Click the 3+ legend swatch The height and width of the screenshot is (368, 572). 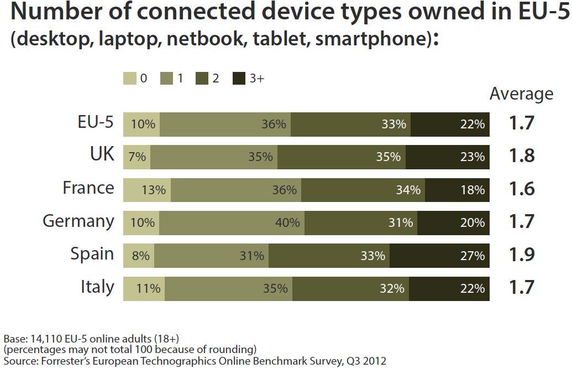[238, 79]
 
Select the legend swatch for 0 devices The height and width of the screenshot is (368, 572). [129, 79]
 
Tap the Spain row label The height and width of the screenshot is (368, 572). [92, 254]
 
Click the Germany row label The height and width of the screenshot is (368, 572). [78, 221]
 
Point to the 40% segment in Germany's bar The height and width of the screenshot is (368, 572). [232, 222]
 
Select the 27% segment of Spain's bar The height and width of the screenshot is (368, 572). [439, 256]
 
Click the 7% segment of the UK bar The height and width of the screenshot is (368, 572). [137, 157]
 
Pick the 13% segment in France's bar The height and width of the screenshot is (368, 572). [147, 190]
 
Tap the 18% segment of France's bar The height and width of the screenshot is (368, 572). [457, 190]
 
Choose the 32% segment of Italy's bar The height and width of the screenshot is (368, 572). [350, 288]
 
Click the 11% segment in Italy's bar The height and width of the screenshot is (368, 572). [144, 288]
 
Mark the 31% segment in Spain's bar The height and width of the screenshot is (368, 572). [211, 256]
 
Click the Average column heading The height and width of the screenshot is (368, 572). [521, 94]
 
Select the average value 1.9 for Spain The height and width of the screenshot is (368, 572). [521, 255]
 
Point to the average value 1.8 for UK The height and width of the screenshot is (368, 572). [521, 156]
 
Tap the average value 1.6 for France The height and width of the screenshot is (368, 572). [521, 189]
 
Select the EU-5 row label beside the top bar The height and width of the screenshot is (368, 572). [96, 122]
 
